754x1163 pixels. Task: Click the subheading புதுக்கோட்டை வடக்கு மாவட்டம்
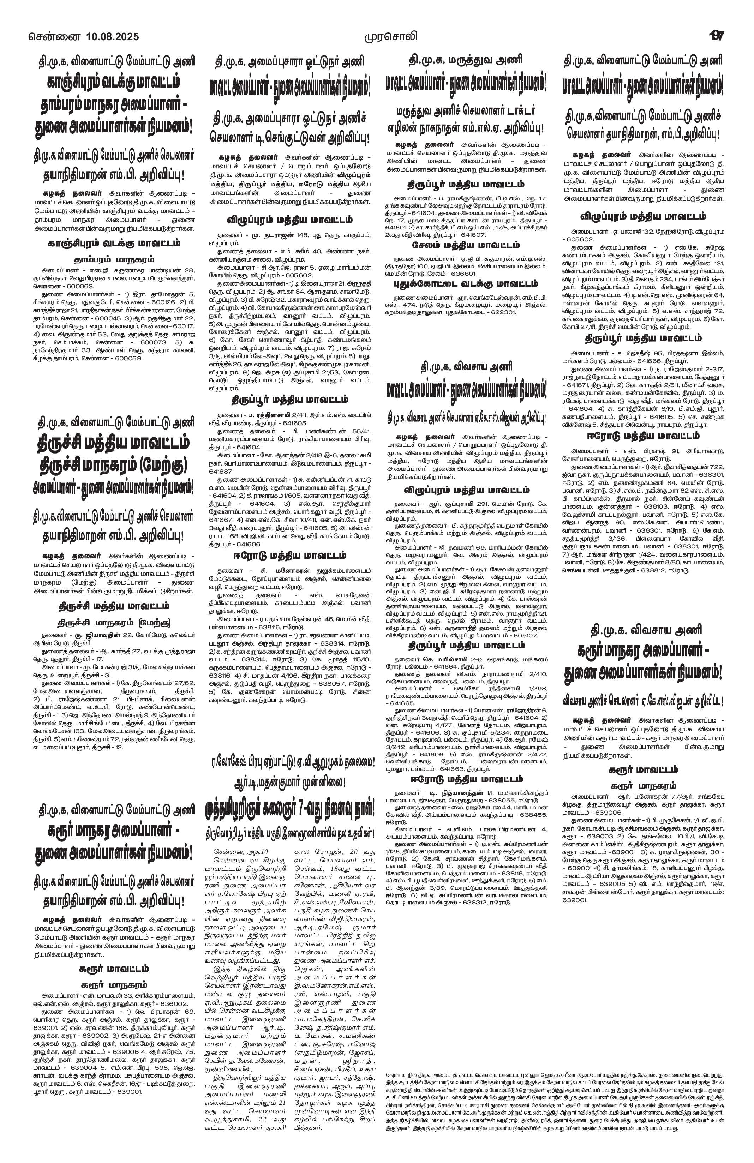pos(465,283)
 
